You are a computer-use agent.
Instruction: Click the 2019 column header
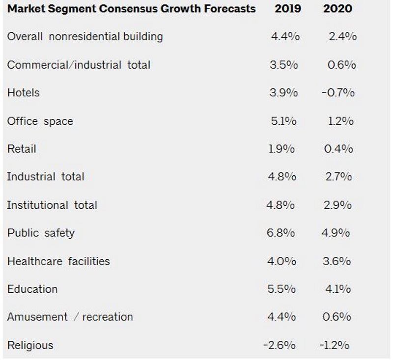point(288,9)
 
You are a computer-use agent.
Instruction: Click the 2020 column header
point(337,9)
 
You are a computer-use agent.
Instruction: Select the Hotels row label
point(23,93)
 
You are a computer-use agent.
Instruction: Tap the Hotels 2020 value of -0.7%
point(338,93)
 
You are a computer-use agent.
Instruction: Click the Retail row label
point(22,149)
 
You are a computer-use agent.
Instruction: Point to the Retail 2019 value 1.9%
point(281,149)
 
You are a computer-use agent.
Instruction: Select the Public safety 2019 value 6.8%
point(281,233)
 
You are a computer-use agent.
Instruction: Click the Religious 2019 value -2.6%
point(279,345)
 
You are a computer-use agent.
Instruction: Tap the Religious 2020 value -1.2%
point(334,345)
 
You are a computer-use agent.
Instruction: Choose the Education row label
point(32,289)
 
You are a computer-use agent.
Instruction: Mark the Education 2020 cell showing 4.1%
point(337,289)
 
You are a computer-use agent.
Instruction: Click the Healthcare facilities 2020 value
point(337,261)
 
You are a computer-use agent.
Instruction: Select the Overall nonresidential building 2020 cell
point(342,36)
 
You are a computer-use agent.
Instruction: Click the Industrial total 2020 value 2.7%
point(338,177)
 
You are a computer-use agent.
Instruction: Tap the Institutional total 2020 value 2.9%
point(338,205)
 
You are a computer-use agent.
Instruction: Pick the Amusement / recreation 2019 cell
point(281,317)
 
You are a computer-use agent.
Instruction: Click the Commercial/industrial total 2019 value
point(283,65)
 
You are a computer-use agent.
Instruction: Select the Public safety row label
point(41,233)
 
